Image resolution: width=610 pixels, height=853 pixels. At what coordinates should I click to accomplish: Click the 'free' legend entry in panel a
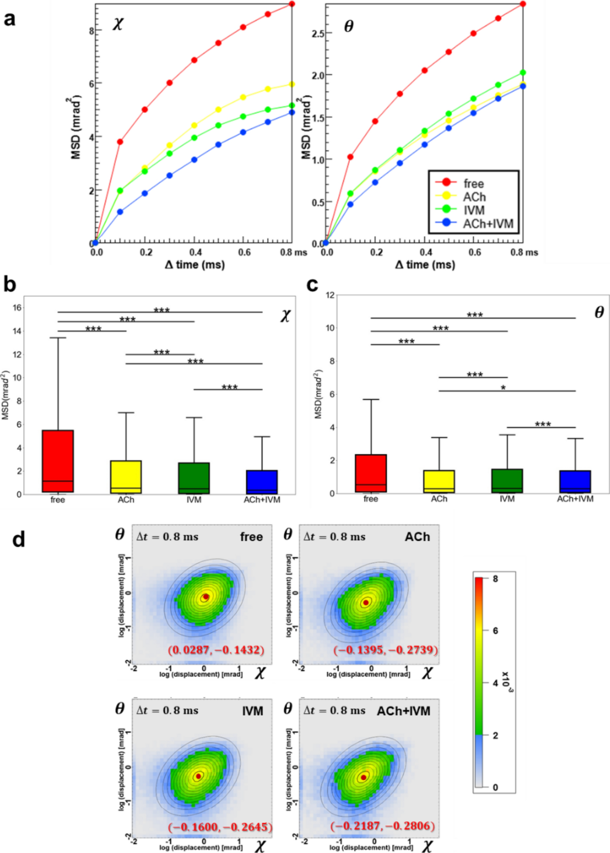pos(473,183)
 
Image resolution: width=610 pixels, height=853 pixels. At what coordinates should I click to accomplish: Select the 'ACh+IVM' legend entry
pos(487,224)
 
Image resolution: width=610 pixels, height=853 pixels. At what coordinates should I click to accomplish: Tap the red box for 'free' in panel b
pos(58,461)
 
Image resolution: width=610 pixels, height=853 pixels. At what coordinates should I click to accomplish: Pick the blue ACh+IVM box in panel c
pos(575,482)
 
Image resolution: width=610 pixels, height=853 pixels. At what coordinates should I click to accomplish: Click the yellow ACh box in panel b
pos(126,477)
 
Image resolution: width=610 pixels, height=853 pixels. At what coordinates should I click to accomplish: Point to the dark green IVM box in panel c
pos(507,481)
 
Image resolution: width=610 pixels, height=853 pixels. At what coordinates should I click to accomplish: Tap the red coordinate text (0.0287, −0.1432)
pos(217,650)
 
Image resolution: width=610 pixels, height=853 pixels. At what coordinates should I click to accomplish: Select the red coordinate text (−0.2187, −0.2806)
pos(382,826)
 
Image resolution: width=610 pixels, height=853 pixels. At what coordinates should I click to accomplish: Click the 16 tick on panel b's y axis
pos(17,307)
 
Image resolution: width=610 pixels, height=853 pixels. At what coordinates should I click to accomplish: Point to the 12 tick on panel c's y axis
pos(330,295)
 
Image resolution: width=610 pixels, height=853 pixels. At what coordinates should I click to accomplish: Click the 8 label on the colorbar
pos(495,579)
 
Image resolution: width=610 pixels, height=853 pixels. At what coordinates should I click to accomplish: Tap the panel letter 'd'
pos(18,539)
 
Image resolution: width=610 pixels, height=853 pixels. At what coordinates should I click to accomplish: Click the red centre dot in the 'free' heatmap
pos(206,597)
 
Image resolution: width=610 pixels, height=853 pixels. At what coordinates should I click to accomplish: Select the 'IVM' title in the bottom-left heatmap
pos(253,711)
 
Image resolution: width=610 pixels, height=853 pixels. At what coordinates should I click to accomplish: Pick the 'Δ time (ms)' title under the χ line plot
pos(195,265)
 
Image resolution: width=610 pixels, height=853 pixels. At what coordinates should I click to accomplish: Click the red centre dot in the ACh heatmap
pos(366,603)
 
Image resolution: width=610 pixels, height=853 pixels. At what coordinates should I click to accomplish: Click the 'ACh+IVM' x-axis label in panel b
pos(262,500)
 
